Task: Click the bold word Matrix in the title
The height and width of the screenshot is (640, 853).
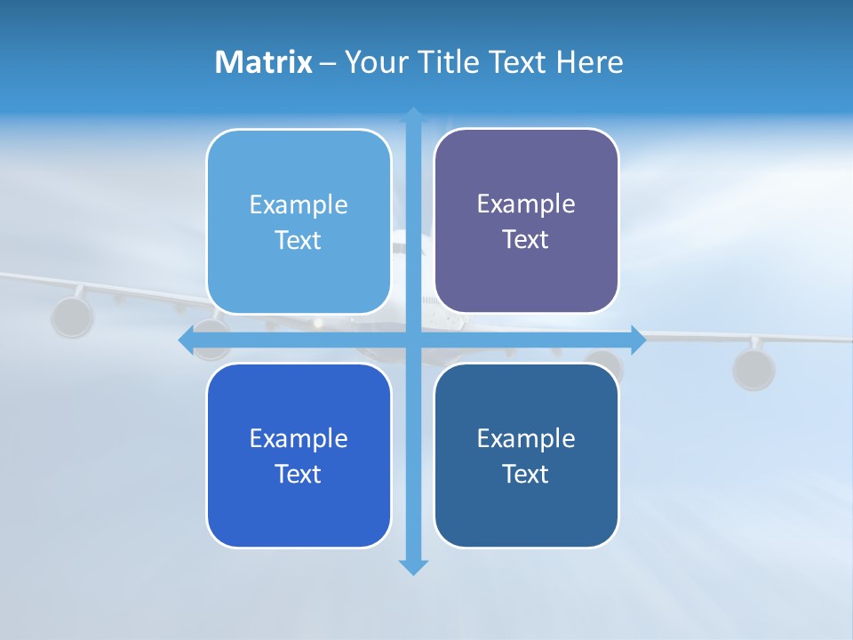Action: point(263,62)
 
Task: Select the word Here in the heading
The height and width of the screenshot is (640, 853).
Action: point(590,62)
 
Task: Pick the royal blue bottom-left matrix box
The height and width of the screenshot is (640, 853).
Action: point(299,507)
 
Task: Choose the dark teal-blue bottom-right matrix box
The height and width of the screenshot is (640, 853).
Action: point(526,507)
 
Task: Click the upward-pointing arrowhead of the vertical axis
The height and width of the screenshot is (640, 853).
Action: point(413,115)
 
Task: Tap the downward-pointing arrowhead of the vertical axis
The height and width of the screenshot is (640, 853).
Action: point(413,566)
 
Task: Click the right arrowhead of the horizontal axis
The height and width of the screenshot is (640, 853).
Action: point(639,340)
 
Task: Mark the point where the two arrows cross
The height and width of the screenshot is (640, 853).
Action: point(413,340)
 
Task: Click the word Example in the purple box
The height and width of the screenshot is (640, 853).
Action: point(526,204)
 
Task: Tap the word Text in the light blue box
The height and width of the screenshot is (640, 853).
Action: point(298,241)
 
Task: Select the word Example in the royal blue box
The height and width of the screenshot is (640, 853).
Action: point(299,439)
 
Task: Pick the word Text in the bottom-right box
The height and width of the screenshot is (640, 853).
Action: point(525,475)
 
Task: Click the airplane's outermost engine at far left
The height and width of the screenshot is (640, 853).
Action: point(71,316)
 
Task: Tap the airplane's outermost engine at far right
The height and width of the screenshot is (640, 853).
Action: point(753,369)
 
